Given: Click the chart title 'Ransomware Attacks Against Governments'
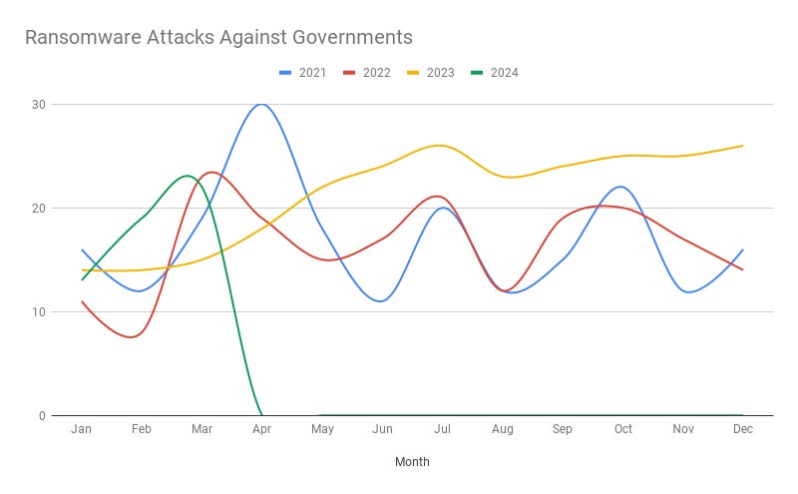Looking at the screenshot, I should coord(217,38).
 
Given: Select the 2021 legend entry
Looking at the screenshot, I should coord(304,72).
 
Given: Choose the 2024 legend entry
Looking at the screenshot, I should coord(494,72).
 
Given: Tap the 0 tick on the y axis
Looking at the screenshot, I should coord(41,416).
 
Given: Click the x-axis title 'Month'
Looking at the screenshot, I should coord(412,462).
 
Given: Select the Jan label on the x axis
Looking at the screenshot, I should coord(82,429).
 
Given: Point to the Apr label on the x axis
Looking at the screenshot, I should coord(262,429).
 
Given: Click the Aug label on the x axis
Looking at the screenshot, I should coord(503,429).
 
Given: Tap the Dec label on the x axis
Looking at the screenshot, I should coord(743,429).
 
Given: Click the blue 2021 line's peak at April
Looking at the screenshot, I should coord(261,104).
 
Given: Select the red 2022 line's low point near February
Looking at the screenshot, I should coord(133,337).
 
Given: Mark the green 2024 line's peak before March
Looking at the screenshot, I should coord(187,176).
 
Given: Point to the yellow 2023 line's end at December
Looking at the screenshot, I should coord(743,146).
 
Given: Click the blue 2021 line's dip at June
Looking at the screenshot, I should coord(381,301).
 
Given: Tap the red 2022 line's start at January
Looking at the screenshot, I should coord(82,301).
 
